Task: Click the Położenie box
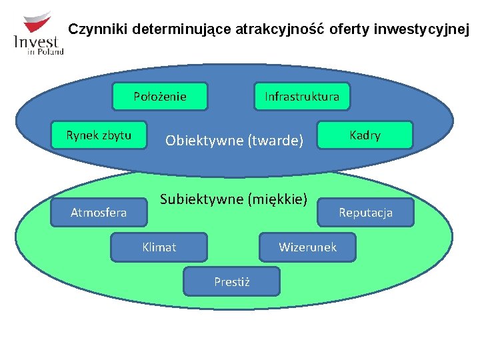(160, 96)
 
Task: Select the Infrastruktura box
(301, 96)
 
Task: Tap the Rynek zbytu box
(99, 135)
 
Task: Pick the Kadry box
(365, 135)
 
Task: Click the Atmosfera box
(99, 213)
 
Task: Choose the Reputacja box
(365, 213)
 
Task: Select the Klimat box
(159, 247)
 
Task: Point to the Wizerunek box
(307, 247)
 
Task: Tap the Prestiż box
(232, 281)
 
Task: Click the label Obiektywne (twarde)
(235, 140)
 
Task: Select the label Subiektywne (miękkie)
(234, 199)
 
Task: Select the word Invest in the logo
(36, 41)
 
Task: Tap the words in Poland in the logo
(46, 52)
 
